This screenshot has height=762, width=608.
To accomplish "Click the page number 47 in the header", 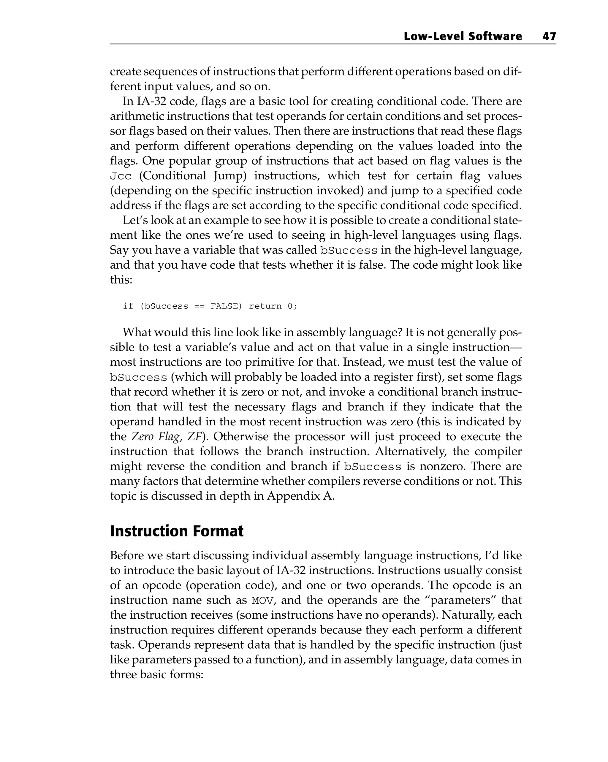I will tap(549, 37).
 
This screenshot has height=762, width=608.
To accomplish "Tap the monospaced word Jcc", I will tap(121, 176).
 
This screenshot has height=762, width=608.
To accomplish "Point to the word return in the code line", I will tap(265, 306).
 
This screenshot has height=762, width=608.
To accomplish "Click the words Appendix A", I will tap(300, 496).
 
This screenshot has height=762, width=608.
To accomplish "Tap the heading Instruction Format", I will tap(177, 532).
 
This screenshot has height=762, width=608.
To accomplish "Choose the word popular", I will tap(188, 161).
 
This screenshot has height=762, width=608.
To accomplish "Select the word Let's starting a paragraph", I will tap(135, 221).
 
